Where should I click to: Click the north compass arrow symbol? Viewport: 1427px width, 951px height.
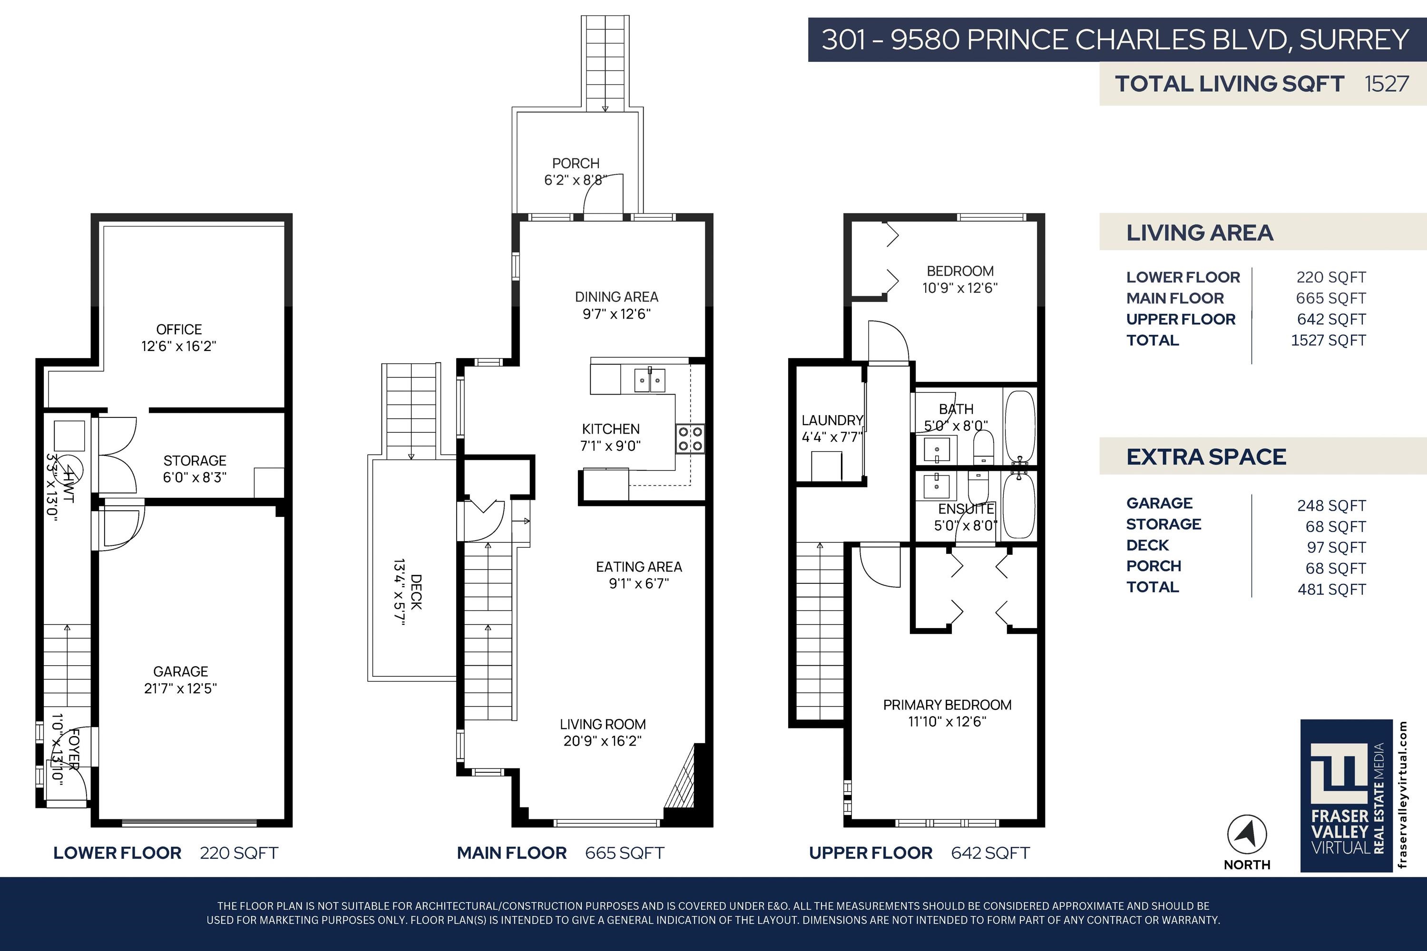pyautogui.click(x=1247, y=835)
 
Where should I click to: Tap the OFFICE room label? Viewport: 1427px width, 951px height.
pyautogui.click(x=179, y=330)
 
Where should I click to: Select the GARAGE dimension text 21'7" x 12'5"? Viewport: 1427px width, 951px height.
pyautogui.click(x=180, y=689)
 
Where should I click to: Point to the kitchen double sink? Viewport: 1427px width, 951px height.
pyautogui.click(x=649, y=380)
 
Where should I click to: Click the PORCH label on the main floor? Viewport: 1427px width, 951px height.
pyautogui.click(x=576, y=163)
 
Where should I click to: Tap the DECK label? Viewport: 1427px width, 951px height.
pyautogui.click(x=416, y=592)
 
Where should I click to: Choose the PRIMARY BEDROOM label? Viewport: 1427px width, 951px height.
pyautogui.click(x=947, y=705)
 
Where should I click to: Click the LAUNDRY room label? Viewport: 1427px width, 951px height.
pyautogui.click(x=832, y=420)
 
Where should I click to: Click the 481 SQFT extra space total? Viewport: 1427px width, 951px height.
pyautogui.click(x=1332, y=590)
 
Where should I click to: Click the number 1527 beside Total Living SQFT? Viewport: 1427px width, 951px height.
pyautogui.click(x=1387, y=84)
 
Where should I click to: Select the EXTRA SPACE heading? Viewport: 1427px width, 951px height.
pyautogui.click(x=1206, y=456)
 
